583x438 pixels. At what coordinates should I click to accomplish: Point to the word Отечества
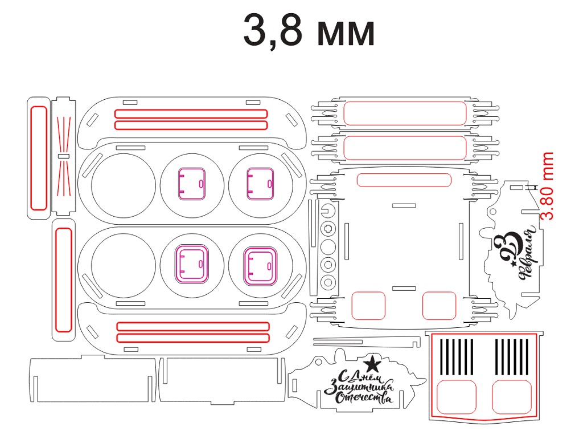[364, 398]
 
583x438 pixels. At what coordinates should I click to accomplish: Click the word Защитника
[359, 387]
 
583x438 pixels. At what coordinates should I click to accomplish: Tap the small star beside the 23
[514, 263]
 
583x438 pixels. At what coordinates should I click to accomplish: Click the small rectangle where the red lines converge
[64, 156]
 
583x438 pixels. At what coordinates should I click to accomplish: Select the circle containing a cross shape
[328, 228]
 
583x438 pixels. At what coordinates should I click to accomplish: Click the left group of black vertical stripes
[457, 356]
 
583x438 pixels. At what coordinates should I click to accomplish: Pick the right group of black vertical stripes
[512, 356]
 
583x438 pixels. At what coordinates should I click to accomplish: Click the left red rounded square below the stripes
[456, 397]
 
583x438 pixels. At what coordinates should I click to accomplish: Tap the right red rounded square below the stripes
[512, 397]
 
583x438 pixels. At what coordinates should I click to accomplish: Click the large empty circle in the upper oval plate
[124, 185]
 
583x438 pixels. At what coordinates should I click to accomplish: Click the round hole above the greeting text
[318, 362]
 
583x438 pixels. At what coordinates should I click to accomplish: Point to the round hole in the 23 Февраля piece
[493, 212]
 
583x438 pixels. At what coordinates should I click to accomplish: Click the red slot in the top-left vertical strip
[39, 159]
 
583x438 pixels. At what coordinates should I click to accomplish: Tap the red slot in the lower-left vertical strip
[64, 279]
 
